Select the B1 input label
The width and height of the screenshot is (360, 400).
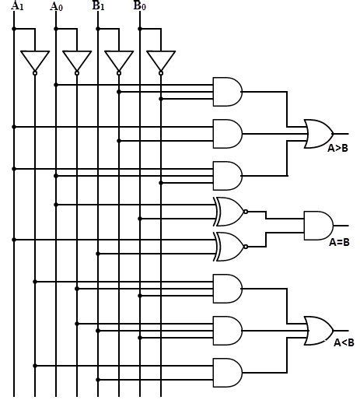coord(99,6)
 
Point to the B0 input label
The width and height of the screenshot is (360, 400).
coord(139,6)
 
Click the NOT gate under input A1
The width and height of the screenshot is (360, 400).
coord(35,61)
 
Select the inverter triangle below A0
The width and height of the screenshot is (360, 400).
coord(77,61)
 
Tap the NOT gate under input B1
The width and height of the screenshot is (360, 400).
coord(118,61)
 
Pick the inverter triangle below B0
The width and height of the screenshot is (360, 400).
coord(160,61)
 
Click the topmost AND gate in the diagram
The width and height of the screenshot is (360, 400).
coord(227,92)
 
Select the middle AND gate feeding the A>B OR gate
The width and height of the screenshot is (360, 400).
coord(227,133)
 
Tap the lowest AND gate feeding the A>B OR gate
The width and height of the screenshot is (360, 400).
coord(227,175)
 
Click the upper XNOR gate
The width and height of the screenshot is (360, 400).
coord(229,211)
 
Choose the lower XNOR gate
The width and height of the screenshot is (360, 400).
coord(229,246)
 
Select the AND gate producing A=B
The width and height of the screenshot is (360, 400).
coord(318,225)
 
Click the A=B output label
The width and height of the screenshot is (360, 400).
coord(339,242)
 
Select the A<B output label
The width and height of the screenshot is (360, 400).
coord(344,342)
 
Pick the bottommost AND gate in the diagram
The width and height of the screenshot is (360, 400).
coord(227,372)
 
